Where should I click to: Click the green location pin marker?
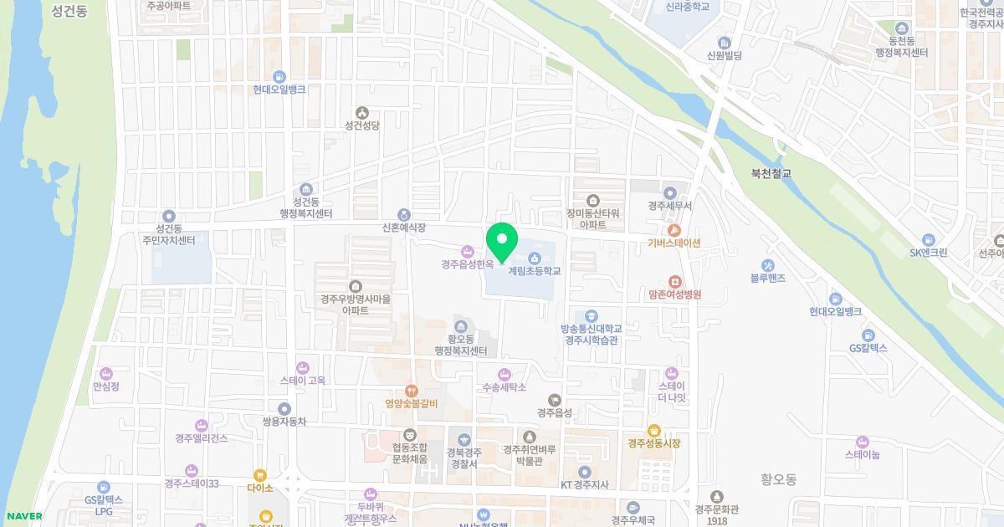click(502, 243)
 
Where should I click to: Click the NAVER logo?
click(23, 516)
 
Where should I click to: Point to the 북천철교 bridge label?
click(771, 174)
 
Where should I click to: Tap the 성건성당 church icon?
click(362, 112)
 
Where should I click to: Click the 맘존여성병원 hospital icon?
click(674, 282)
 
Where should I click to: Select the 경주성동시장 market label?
click(654, 443)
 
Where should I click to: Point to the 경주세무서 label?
click(668, 206)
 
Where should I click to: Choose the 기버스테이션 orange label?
click(674, 243)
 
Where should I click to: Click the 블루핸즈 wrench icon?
click(768, 265)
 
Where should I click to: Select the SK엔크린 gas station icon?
click(928, 240)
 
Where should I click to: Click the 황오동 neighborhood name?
click(779, 479)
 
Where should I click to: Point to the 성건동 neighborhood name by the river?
click(69, 12)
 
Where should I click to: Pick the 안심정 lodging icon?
click(106, 373)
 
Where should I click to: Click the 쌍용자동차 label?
click(284, 422)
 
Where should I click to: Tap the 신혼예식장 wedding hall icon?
click(404, 215)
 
